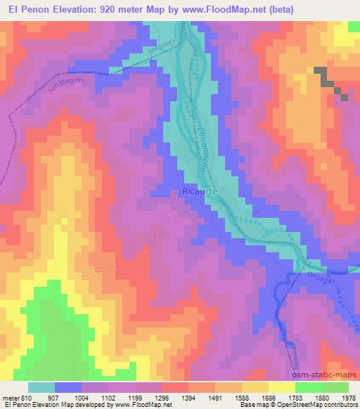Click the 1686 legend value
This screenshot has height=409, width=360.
tap(267, 398)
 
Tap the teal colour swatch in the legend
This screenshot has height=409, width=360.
tap(41, 387)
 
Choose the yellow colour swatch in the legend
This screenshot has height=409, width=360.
tap(281, 387)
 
